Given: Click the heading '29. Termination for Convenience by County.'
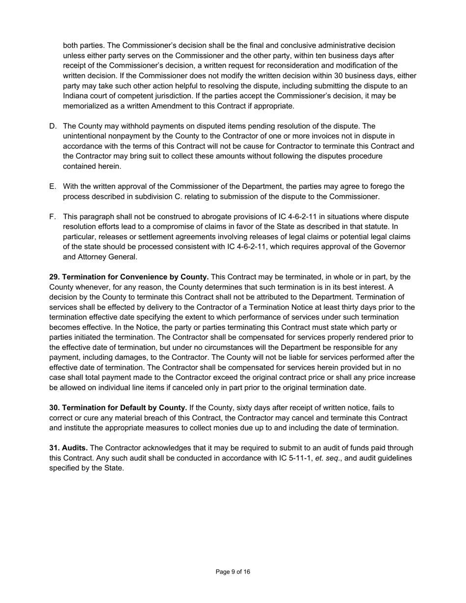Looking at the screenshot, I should (x=129, y=277).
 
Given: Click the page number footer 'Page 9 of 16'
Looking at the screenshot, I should (x=233, y=572).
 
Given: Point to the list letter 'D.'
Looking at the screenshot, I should (x=53, y=126).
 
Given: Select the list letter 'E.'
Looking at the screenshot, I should (x=53, y=186).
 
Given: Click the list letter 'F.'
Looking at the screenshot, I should (x=53, y=217).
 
